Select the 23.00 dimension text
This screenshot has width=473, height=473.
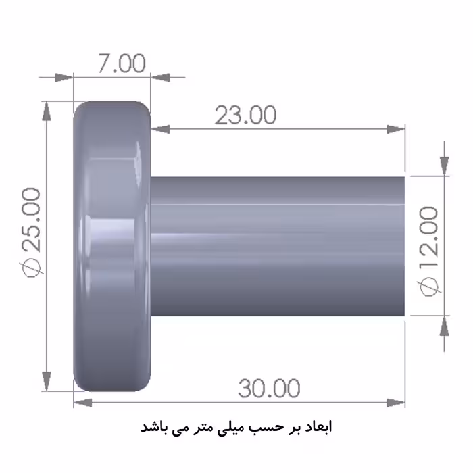245,116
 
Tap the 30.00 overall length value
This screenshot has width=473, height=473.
268,389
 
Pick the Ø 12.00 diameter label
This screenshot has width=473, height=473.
430,250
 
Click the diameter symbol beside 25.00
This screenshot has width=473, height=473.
32,268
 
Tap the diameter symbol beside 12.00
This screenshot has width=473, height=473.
430,287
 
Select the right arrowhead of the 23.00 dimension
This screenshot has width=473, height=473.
397,128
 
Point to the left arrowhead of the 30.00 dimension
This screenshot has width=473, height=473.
82,403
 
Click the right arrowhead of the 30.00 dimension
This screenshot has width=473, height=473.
397,403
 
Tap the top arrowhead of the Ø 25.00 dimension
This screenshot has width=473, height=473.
47,110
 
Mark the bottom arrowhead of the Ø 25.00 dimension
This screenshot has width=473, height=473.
47,382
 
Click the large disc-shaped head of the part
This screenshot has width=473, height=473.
111,247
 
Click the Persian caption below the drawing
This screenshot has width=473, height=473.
236,428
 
